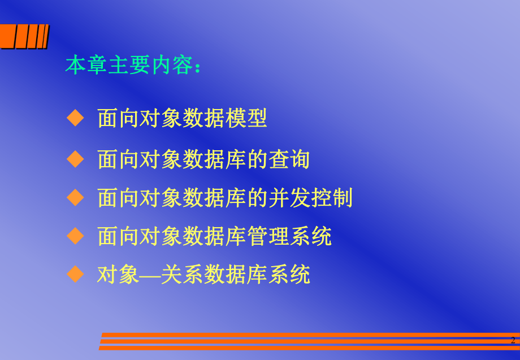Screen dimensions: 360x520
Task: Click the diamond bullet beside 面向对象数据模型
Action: [x=75, y=118]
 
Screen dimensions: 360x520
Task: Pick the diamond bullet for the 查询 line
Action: [x=75, y=159]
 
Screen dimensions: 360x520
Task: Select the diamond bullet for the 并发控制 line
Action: [x=75, y=197]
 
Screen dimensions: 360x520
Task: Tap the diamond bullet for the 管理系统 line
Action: [x=75, y=235]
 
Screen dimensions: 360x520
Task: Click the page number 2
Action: [x=513, y=340]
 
